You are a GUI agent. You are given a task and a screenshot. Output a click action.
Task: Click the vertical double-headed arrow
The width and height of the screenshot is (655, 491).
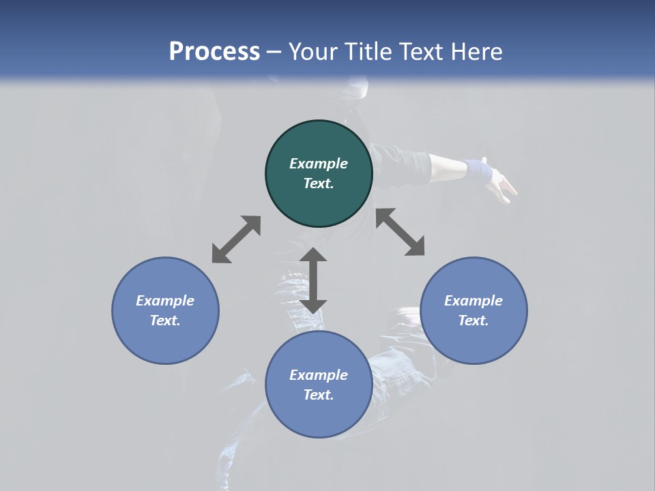tap(313, 280)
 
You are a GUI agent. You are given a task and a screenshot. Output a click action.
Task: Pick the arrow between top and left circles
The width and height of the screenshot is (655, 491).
tap(236, 239)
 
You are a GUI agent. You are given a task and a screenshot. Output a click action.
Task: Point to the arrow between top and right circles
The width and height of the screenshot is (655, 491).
tap(401, 232)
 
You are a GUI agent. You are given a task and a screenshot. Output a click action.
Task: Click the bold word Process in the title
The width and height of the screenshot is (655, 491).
tap(214, 52)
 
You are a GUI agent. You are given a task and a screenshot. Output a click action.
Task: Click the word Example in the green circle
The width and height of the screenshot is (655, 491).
tap(319, 164)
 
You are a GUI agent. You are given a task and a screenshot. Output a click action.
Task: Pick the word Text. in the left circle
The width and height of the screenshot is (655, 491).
tap(165, 321)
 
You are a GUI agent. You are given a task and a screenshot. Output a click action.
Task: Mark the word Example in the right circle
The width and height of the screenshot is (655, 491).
tap(474, 301)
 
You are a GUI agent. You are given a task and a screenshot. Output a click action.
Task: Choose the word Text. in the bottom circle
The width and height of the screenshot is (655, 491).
tap(319, 395)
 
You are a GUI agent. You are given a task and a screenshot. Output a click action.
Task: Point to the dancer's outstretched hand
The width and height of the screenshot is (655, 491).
tap(505, 185)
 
